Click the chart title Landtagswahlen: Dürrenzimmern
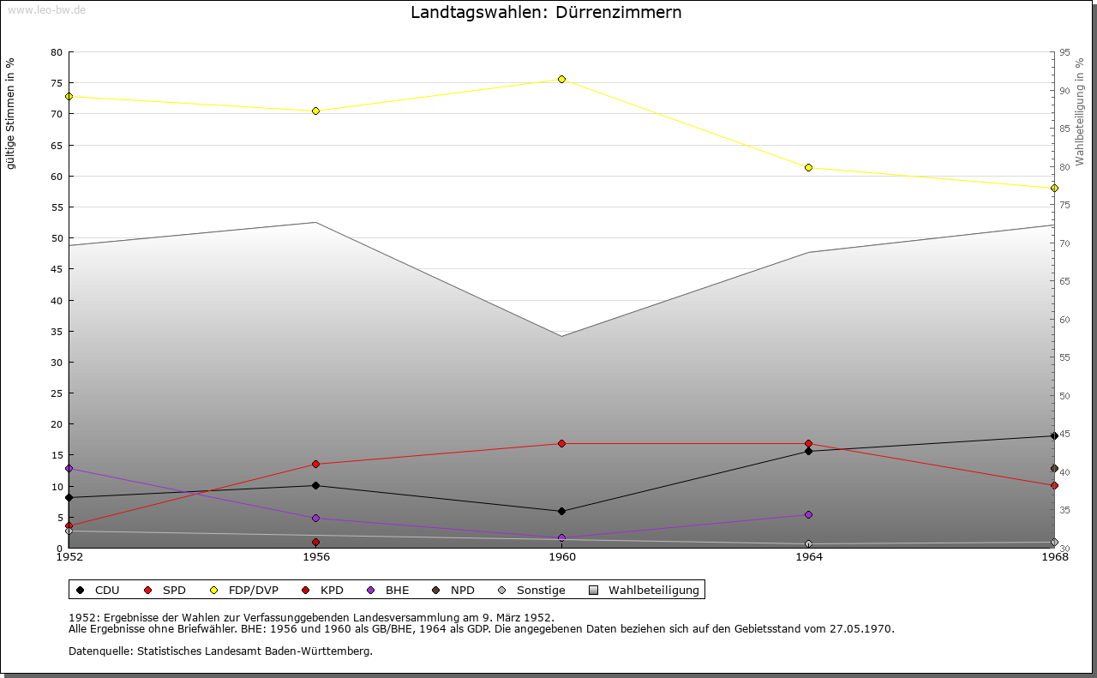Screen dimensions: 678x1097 (x=546, y=13)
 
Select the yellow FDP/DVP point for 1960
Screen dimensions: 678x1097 (x=562, y=79)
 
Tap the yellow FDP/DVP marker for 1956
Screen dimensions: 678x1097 (x=315, y=111)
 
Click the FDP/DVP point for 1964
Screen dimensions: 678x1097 (x=808, y=167)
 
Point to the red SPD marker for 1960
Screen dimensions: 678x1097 (x=562, y=443)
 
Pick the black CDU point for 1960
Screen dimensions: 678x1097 (x=562, y=511)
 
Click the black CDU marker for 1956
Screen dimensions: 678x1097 (x=315, y=485)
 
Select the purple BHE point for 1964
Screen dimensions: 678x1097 (x=808, y=514)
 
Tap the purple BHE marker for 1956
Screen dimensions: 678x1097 (x=315, y=518)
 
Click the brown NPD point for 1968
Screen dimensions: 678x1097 (x=1054, y=468)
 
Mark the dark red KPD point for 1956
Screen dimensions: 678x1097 (x=315, y=542)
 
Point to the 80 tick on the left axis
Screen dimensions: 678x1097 (x=57, y=52)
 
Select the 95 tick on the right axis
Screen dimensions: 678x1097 (x=1064, y=52)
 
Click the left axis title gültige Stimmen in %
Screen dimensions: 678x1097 (x=11, y=114)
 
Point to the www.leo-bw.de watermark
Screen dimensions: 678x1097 (x=45, y=9)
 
